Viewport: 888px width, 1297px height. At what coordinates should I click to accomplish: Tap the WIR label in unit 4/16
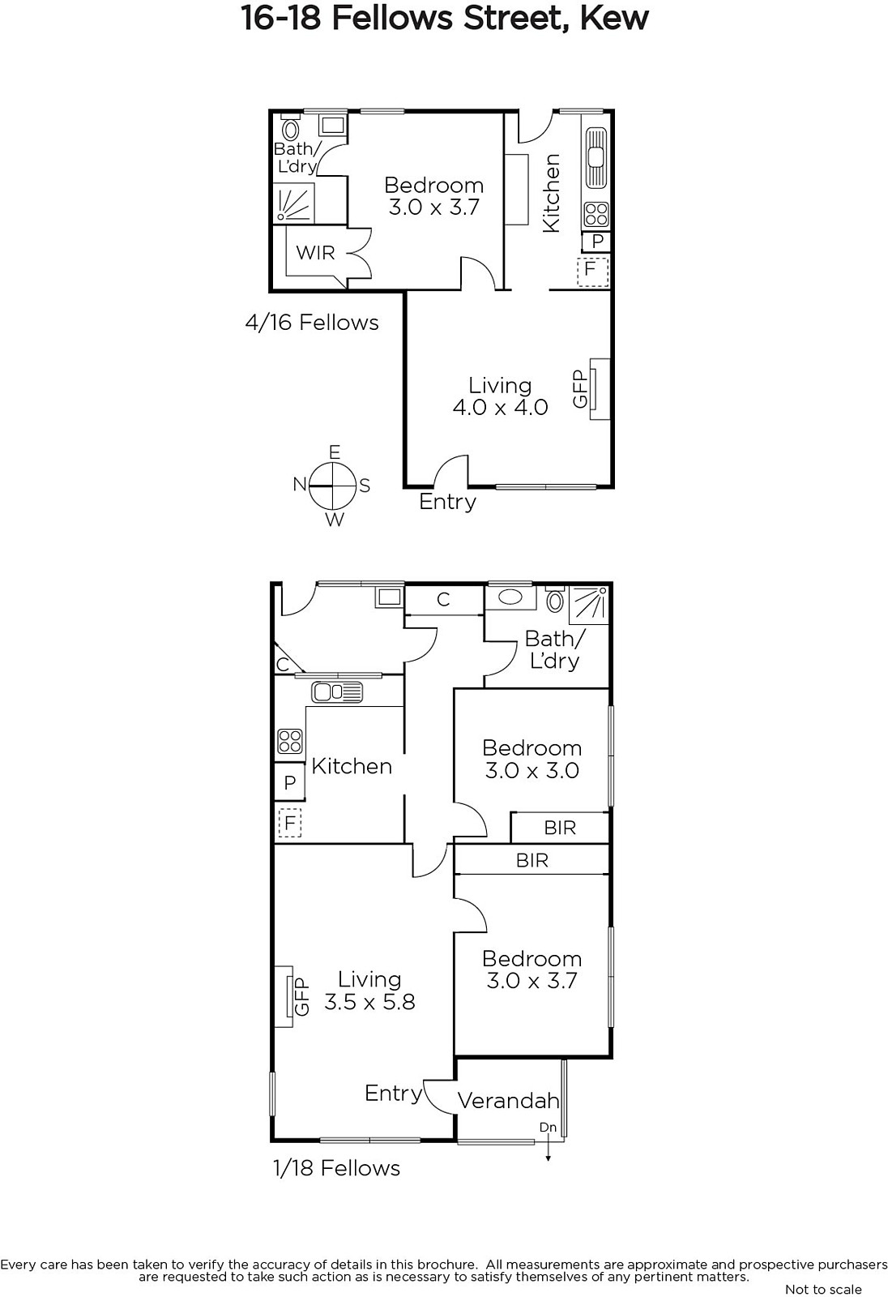coord(315,252)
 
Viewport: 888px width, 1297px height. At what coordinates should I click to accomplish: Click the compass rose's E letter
coord(334,452)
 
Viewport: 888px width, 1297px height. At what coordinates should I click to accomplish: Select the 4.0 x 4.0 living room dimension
coord(500,407)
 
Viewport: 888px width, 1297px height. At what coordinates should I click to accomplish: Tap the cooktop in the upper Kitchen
coord(596,214)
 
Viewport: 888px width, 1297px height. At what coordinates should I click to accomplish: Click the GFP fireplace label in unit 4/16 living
coord(580,388)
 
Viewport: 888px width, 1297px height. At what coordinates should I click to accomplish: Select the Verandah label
coord(509,1100)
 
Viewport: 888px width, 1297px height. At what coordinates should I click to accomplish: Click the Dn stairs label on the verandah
coord(548,1128)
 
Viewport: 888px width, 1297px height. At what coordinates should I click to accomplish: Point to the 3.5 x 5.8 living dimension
coord(370,1002)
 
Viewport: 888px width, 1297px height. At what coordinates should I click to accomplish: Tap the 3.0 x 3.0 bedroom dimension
coord(532,771)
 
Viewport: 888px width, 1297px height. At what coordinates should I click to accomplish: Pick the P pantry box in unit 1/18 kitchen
coord(289,782)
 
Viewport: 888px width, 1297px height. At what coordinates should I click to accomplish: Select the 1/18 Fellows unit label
coord(337,1168)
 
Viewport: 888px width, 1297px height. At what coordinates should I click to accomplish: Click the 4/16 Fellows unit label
coord(312,323)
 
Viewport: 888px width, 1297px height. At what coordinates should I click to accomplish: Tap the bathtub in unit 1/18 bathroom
coord(510,597)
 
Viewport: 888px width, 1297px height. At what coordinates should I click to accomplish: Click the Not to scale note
coord(823,1289)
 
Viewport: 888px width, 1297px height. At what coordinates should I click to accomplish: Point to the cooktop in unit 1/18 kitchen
coord(289,741)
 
